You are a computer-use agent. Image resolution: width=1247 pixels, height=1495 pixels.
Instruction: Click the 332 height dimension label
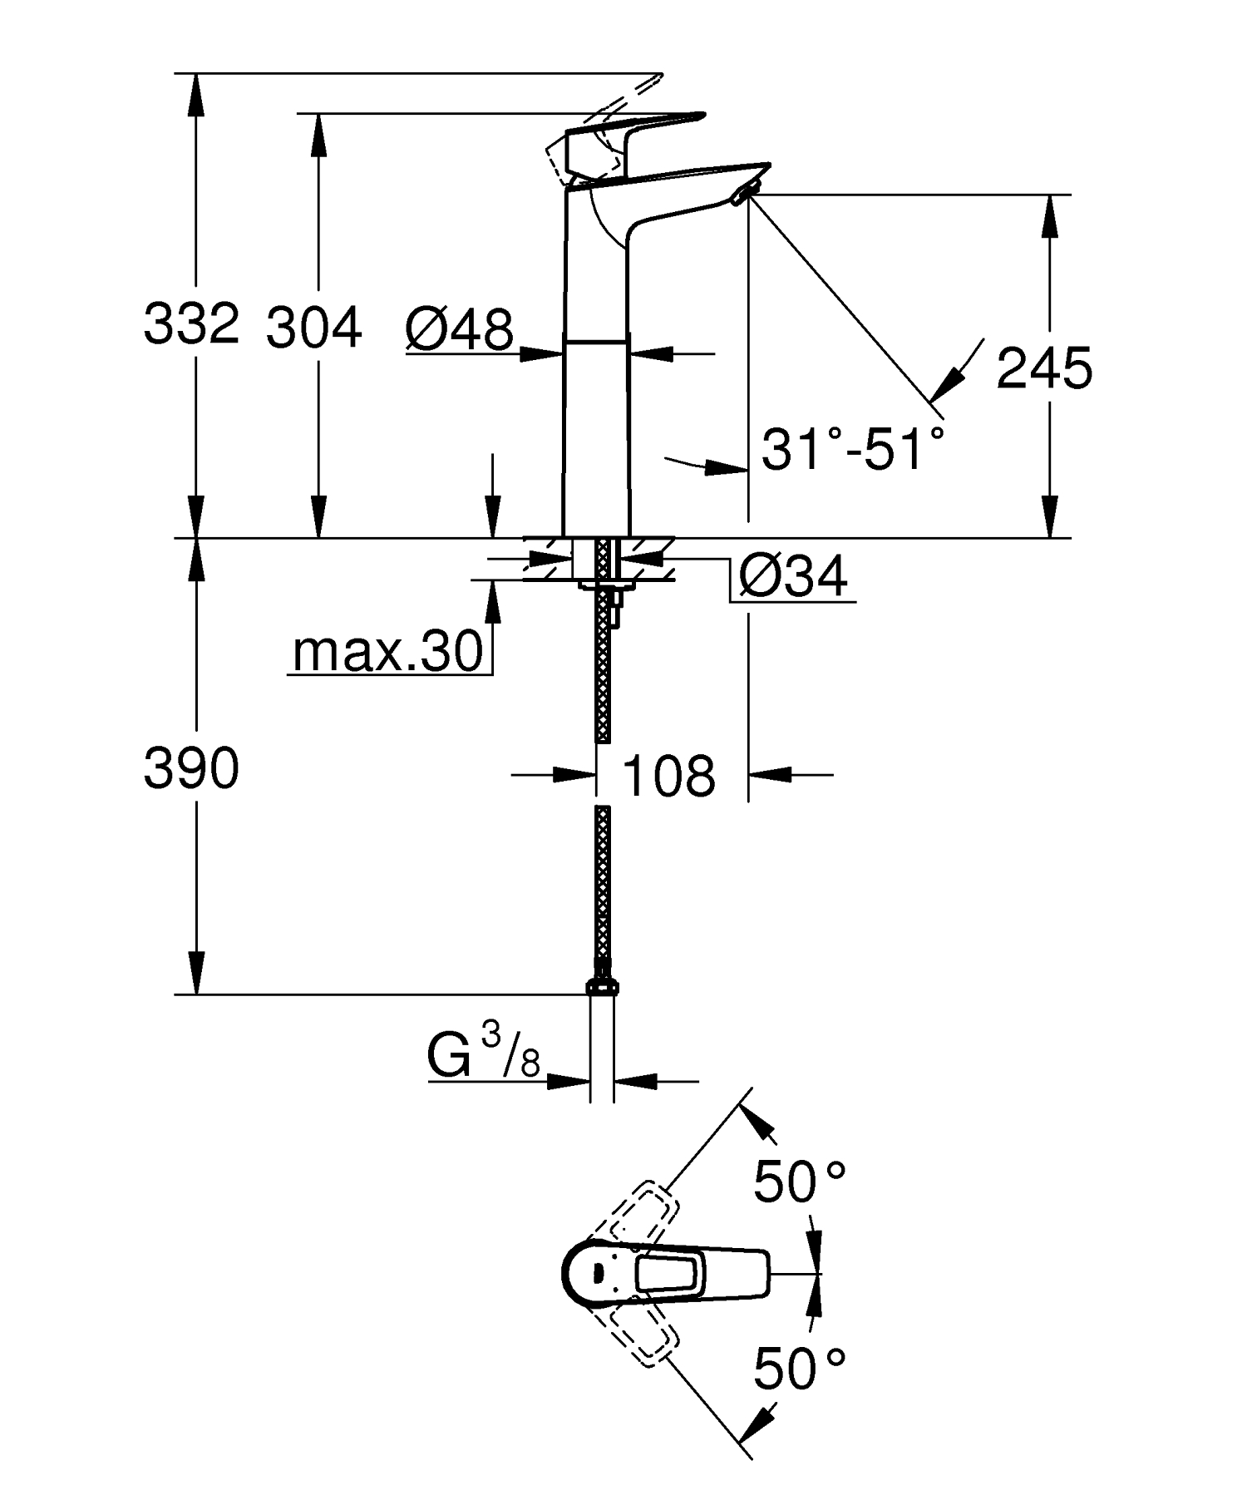click(x=191, y=323)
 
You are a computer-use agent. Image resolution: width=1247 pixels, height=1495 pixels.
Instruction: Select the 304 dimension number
click(x=313, y=327)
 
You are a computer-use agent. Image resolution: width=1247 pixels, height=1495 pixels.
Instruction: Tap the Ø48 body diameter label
click(x=459, y=329)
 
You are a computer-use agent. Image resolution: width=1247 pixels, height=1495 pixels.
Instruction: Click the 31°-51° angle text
click(x=853, y=450)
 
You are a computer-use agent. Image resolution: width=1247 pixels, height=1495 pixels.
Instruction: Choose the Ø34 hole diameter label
click(x=792, y=575)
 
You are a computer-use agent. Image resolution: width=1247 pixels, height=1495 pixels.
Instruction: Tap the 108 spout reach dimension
click(x=668, y=776)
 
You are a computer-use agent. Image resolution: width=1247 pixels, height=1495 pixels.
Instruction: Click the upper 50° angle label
click(x=799, y=1182)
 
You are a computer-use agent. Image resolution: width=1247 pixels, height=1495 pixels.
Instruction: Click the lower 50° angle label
click(x=799, y=1369)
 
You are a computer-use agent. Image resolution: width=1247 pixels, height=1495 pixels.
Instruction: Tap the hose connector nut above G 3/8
click(x=603, y=986)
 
